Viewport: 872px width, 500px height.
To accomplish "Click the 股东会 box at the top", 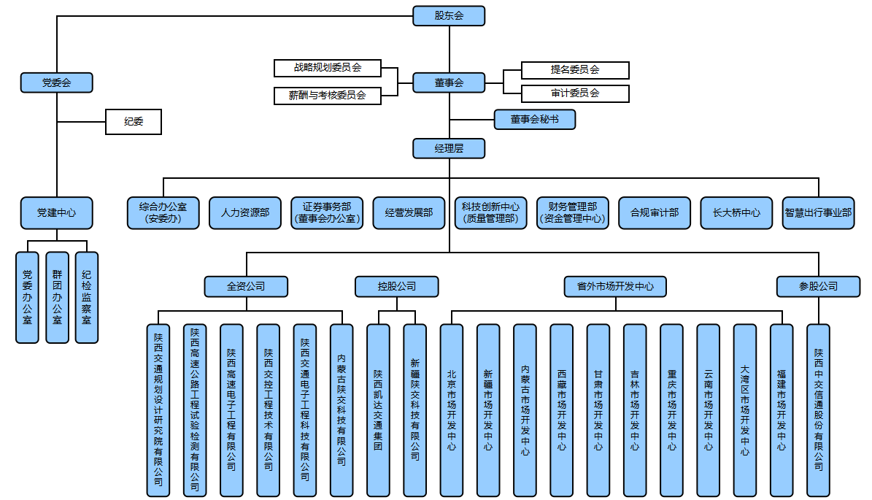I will (449, 16).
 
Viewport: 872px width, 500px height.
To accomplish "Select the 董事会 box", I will (449, 82).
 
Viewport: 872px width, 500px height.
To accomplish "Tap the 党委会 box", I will (56, 82).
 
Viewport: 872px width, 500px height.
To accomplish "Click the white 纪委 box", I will (133, 122).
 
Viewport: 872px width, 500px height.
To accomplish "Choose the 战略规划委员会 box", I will (328, 68).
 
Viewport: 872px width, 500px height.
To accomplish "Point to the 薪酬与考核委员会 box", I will (328, 95).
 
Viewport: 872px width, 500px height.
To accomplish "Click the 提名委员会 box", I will (575, 70).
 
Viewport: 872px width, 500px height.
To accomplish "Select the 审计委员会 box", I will (575, 93).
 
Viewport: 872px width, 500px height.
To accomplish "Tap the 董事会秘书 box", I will (535, 119).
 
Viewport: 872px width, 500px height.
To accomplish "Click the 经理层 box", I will (449, 148).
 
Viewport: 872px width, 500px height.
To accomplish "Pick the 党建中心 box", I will (56, 213).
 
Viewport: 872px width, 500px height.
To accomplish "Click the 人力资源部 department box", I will (245, 213).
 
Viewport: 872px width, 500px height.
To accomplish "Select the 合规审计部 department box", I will (655, 213).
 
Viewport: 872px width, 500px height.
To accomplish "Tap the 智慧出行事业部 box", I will (818, 213).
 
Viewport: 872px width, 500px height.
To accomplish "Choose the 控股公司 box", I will (397, 286).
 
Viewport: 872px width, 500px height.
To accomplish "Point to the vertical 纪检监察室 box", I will (86, 297).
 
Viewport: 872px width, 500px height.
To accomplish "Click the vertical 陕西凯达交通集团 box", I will (378, 410).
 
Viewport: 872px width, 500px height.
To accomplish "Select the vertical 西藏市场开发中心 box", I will (561, 410).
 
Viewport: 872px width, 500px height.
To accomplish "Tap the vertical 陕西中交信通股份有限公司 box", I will (818, 410).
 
